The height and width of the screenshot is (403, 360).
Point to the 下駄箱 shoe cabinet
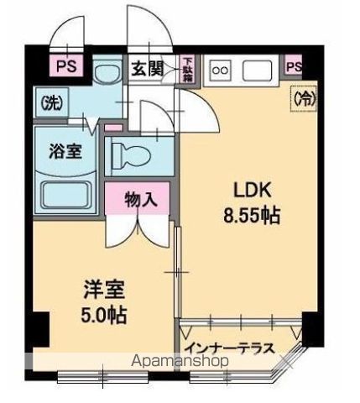tap(188, 71)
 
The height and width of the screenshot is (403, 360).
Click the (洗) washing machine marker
tap(52, 103)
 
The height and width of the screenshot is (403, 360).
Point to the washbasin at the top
tap(105, 76)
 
